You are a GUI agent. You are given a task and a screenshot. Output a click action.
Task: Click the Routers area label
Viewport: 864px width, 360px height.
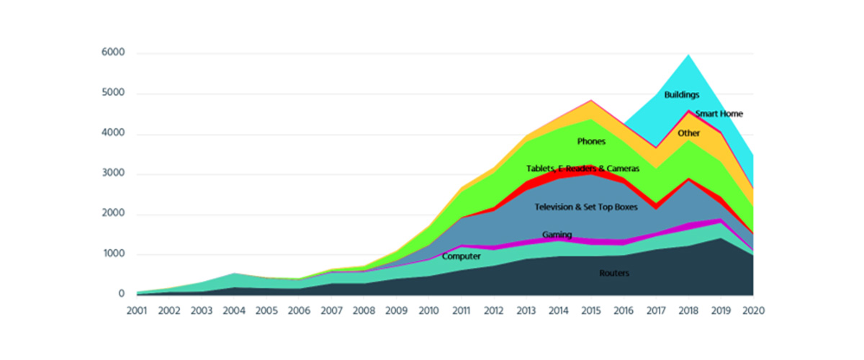(614, 274)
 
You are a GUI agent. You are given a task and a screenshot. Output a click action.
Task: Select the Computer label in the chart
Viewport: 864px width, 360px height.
(461, 256)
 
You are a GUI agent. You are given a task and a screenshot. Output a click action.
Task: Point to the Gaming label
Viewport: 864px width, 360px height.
(557, 235)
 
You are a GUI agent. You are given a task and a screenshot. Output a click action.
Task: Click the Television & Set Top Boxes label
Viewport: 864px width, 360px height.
(586, 207)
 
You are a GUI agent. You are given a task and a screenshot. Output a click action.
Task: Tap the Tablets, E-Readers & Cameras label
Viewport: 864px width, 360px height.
(582, 168)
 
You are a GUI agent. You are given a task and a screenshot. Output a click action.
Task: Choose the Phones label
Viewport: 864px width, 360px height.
(591, 142)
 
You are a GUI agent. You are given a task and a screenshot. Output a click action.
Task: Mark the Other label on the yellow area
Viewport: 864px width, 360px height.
(688, 133)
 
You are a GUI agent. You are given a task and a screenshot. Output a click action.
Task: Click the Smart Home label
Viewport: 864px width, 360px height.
(719, 114)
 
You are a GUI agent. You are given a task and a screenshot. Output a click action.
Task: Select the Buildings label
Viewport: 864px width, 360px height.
(681, 94)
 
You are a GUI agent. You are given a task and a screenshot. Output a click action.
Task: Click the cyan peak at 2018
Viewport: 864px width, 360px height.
(689, 55)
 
